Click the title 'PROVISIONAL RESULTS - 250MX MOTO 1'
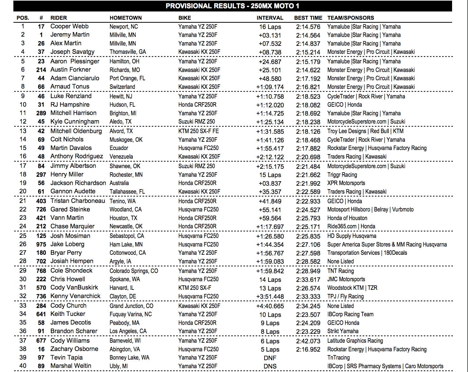[232, 6]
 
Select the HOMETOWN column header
[126, 18]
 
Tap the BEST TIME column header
[308, 18]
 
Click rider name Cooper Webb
[69, 26]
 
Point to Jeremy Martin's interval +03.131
[270, 35]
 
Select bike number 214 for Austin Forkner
[41, 70]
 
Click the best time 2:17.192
[308, 79]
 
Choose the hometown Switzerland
[122, 87]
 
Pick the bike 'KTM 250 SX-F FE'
[198, 131]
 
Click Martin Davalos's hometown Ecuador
[119, 148]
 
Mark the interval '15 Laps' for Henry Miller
[270, 175]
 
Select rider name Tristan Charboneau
[78, 201]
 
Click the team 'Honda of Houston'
[347, 218]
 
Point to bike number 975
[41, 244]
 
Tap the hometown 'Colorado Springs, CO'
[134, 271]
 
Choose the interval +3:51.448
[270, 297]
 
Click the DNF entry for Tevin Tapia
[270, 358]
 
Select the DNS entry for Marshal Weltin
[270, 366]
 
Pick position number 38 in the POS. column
[23, 349]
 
